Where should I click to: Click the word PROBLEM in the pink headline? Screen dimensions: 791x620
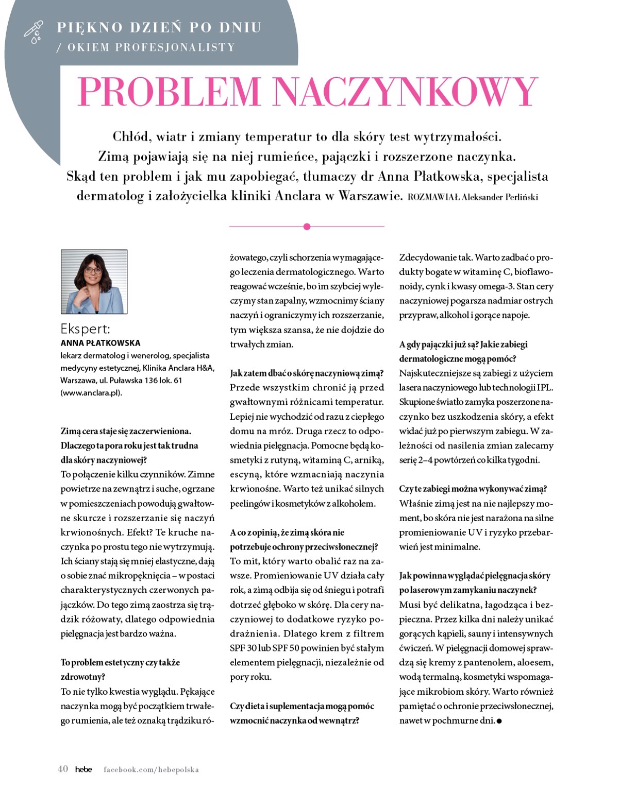[x=169, y=92]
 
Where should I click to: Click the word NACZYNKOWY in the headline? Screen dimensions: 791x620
[x=406, y=92]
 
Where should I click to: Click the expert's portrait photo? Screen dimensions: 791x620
[x=94, y=282]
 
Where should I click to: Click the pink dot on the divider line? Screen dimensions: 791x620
[x=307, y=227]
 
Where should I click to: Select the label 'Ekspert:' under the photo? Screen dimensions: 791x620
[x=85, y=329]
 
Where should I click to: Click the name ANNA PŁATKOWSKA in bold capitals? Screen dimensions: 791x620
[x=100, y=343]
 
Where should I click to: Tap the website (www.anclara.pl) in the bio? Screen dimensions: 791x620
[x=91, y=393]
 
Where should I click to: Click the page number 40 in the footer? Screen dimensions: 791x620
[x=63, y=769]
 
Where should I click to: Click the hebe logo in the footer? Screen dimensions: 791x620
[x=83, y=769]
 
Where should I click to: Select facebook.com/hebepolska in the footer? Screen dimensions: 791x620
[x=151, y=769]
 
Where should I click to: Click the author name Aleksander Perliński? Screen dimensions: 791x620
[x=500, y=197]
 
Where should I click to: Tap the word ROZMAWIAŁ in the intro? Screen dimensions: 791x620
[x=433, y=197]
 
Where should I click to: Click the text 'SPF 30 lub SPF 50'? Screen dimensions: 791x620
[x=263, y=648]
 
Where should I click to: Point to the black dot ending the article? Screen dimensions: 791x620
[x=499, y=721]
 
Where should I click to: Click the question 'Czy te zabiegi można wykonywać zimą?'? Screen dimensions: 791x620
[x=473, y=489]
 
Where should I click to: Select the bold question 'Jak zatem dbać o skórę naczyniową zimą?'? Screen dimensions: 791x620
[x=307, y=373]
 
